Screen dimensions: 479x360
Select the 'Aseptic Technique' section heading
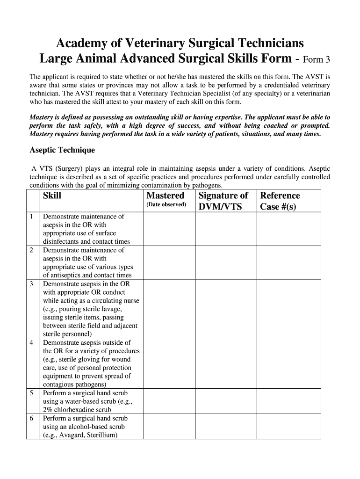(x=62, y=150)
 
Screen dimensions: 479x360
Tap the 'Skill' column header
(x=52, y=196)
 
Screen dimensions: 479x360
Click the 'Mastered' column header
(x=165, y=196)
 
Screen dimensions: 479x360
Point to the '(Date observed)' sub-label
(x=166, y=205)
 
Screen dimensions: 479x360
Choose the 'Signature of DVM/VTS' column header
(x=223, y=201)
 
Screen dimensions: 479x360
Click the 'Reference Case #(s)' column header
(x=280, y=201)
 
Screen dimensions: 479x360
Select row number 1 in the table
(x=31, y=217)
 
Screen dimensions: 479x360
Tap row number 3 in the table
(x=31, y=284)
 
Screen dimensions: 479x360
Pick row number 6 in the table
(x=31, y=418)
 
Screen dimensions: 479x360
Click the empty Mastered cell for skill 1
(x=169, y=229)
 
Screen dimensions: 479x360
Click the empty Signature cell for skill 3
(x=225, y=309)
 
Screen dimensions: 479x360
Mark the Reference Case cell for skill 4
(x=288, y=363)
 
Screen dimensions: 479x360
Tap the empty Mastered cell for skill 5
(x=169, y=401)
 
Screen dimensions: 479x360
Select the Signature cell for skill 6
(x=225, y=427)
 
